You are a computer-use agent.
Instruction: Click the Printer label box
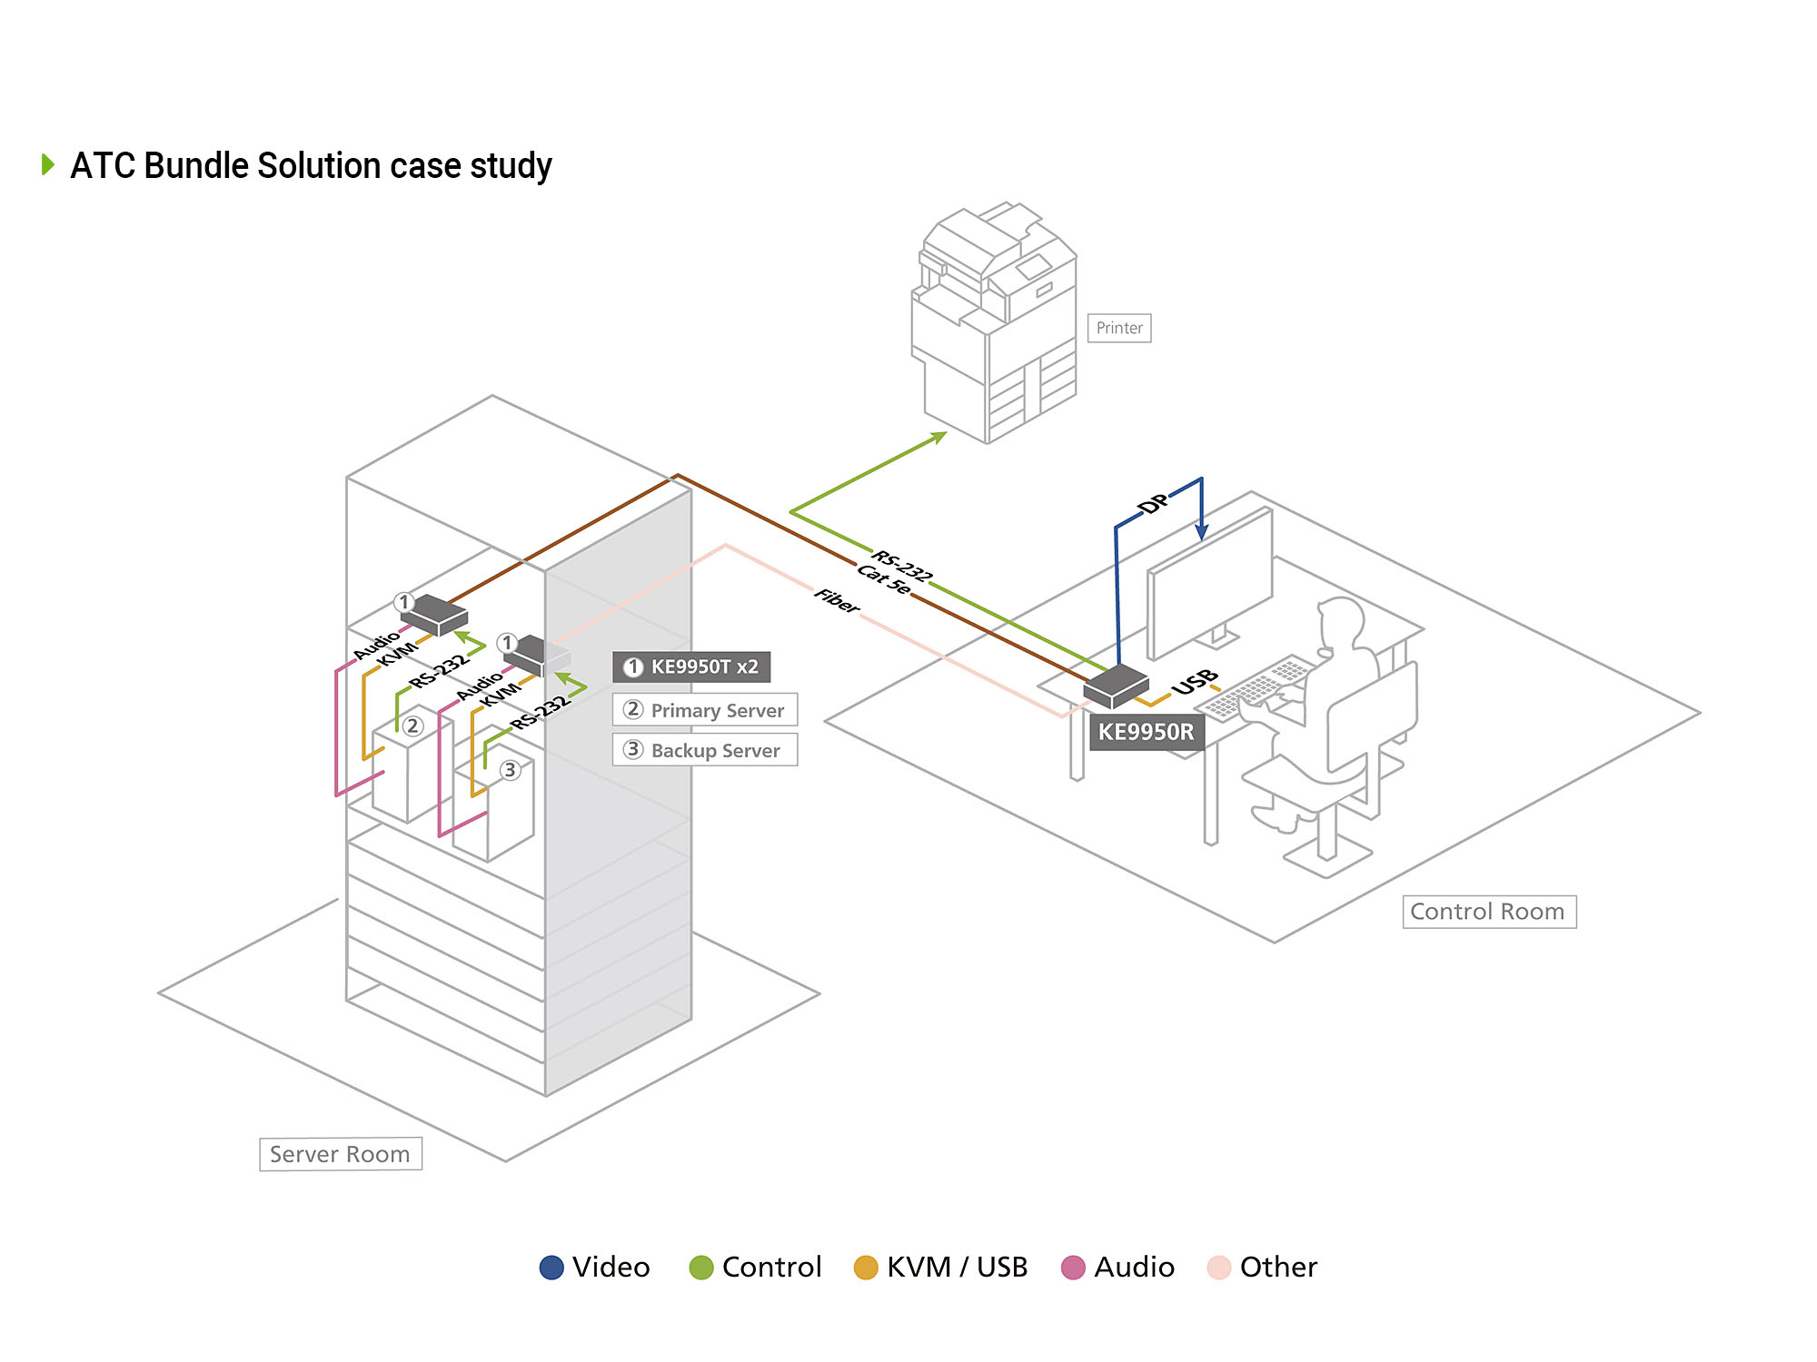tap(1118, 328)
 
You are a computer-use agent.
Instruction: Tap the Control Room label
tap(1488, 912)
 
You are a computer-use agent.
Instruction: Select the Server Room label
tap(340, 1154)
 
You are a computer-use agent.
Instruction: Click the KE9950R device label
tap(1146, 732)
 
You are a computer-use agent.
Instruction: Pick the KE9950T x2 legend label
tap(691, 667)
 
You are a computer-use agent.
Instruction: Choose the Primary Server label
tap(705, 710)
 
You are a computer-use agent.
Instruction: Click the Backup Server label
tap(705, 750)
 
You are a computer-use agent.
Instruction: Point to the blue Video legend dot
tap(551, 1268)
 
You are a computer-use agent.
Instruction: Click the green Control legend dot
tap(701, 1268)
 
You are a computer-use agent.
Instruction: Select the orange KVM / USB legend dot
tap(866, 1268)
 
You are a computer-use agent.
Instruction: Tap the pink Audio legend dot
tap(1073, 1268)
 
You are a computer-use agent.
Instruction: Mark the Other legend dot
tap(1218, 1268)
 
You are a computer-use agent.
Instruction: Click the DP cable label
tap(1154, 503)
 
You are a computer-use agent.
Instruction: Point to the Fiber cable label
tap(837, 600)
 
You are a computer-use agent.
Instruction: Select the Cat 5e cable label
tap(883, 580)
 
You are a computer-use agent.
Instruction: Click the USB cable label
tap(1195, 682)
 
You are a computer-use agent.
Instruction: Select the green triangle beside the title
tap(48, 164)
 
